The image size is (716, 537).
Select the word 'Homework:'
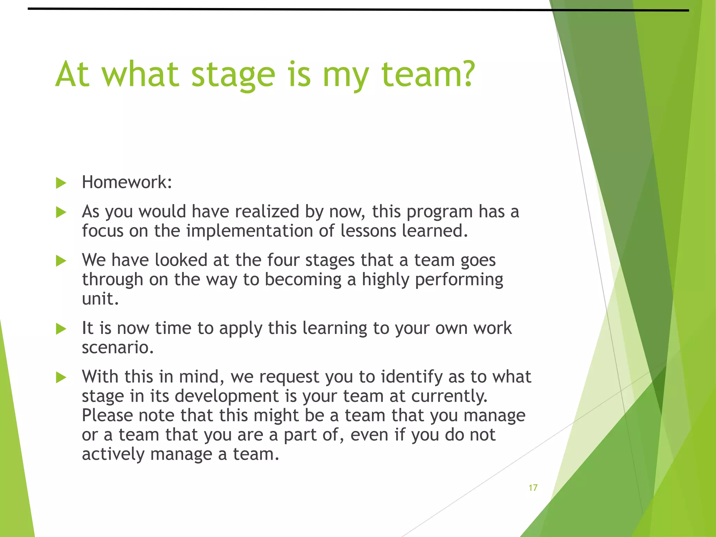point(127,182)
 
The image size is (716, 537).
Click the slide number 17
point(533,488)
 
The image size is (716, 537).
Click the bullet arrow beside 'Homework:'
point(61,183)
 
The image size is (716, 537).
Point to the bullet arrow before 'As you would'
point(61,212)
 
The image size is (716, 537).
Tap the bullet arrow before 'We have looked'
point(61,261)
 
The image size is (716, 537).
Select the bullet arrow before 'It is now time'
point(61,329)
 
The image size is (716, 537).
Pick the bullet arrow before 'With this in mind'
point(61,377)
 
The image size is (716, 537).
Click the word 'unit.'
point(100,299)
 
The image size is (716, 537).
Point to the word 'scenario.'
point(118,348)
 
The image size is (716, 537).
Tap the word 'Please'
point(107,416)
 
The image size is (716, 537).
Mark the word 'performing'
point(459,280)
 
